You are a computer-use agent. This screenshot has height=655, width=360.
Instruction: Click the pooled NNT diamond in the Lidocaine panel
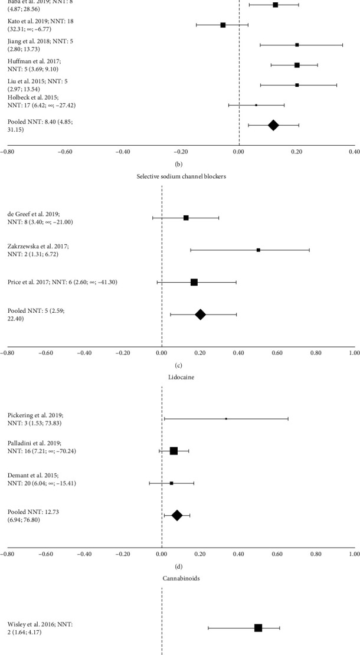[x=176, y=516]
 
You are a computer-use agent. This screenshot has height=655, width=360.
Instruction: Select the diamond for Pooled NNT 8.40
[x=273, y=125]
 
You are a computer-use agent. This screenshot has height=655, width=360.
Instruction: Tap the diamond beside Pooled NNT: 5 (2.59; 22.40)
[x=200, y=315]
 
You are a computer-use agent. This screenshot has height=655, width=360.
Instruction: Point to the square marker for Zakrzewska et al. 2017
[x=258, y=250]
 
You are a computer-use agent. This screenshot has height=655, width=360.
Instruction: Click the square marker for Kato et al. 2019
[x=222, y=25]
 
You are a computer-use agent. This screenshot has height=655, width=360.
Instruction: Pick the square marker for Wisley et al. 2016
[x=258, y=628]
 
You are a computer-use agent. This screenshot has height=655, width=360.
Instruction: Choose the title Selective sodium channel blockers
[x=179, y=178]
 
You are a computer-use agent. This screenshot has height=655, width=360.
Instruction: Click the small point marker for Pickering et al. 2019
[x=226, y=419]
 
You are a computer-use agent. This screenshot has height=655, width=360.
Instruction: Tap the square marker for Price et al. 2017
[x=194, y=283]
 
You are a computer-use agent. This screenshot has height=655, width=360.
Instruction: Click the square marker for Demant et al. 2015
[x=172, y=483]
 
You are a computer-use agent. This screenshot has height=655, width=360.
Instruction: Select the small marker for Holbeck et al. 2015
[x=256, y=105]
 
